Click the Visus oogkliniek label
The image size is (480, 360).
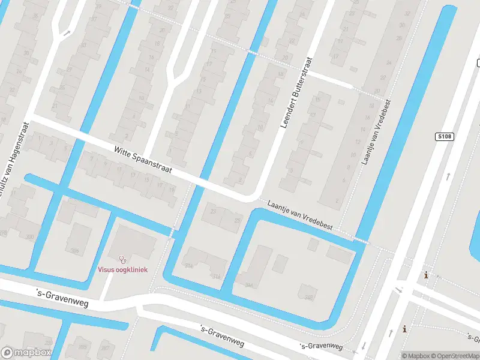pyautogui.click(x=122, y=269)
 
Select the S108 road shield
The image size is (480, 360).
pyautogui.click(x=444, y=137)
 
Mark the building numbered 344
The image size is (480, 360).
pyautogui.click(x=248, y=286)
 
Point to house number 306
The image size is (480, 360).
pyautogui.click(x=74, y=251)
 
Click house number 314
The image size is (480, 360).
pyautogui.click(x=189, y=265)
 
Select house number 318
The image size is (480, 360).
pyautogui.click(x=216, y=277)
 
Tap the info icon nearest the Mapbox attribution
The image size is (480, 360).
pyautogui.click(x=405, y=329)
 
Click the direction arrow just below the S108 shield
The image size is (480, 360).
pyautogui.click(x=448, y=176)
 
